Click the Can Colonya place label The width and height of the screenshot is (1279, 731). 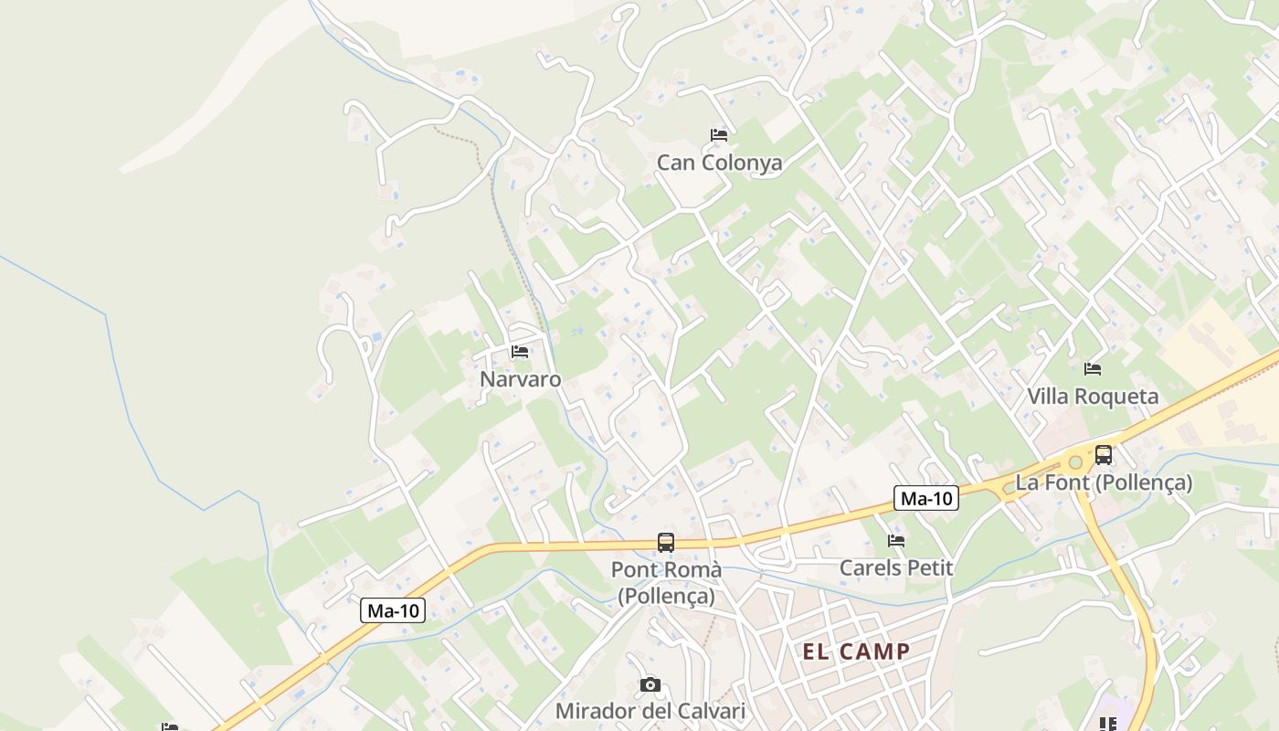point(720,164)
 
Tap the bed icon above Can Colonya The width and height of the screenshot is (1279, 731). point(719,135)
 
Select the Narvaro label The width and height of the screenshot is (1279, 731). point(521,378)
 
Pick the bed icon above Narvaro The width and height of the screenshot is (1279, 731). point(520,351)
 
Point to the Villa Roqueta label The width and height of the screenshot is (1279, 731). point(1093,397)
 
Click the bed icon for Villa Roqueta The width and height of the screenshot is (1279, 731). point(1092,369)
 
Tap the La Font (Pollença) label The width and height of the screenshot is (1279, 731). point(1104,482)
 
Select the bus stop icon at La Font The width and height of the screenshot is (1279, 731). point(1104,454)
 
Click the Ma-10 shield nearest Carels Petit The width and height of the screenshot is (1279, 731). point(925,498)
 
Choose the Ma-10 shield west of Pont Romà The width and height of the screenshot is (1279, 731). point(393,610)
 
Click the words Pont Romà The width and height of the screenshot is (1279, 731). point(666,570)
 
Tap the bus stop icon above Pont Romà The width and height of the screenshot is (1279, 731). point(666,542)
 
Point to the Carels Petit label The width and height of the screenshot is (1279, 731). point(896,567)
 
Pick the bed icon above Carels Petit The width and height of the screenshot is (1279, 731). point(896,541)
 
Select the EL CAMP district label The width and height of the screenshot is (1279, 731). point(856,652)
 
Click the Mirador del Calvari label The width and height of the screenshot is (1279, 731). point(650,711)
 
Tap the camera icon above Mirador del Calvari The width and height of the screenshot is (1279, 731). point(650,684)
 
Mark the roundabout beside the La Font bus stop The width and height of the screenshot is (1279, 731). point(1075,462)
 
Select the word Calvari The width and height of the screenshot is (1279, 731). point(712,711)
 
